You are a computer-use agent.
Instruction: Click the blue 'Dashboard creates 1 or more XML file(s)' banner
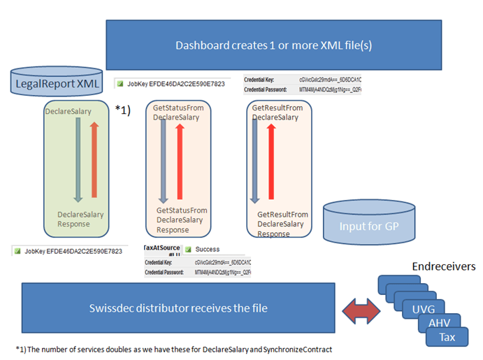click(x=273, y=45)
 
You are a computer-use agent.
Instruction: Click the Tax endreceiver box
click(x=447, y=337)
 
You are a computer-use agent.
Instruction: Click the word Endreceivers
click(x=444, y=267)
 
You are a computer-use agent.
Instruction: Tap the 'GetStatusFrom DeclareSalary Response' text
click(x=182, y=219)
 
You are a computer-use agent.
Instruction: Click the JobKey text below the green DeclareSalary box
click(x=73, y=251)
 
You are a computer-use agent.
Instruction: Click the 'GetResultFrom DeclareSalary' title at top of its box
click(x=277, y=113)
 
